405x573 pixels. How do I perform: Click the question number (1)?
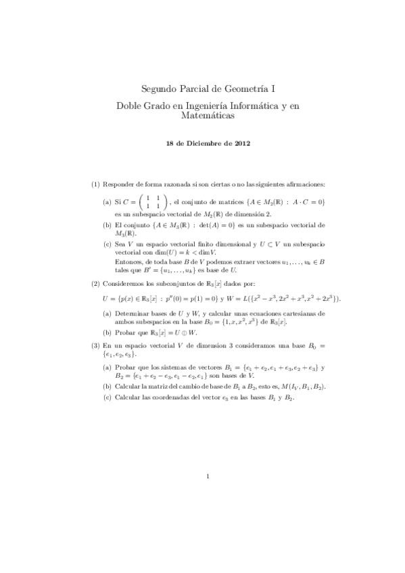[96, 184]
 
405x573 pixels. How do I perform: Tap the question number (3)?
[96, 345]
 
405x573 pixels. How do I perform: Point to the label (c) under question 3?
[107, 397]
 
